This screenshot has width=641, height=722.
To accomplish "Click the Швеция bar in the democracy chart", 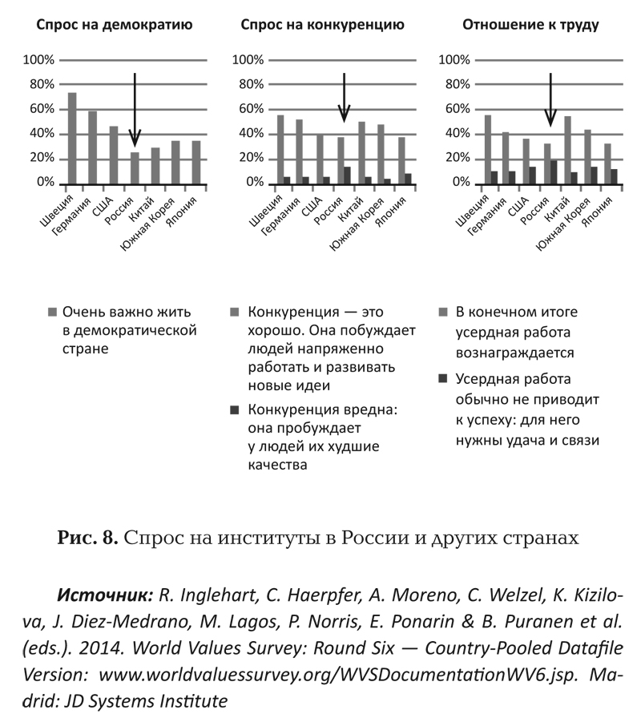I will (72, 138).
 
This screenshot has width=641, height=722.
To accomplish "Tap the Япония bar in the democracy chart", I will (196, 162).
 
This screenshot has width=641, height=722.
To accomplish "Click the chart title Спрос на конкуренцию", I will (322, 25).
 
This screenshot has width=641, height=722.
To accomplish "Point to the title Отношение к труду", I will (530, 25).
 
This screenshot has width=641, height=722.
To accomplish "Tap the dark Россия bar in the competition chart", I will (346, 175).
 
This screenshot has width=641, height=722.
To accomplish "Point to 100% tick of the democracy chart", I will (39, 60).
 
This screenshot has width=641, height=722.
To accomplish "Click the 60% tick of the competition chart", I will (248, 109).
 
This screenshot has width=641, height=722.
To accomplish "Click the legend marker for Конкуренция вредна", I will (234, 409).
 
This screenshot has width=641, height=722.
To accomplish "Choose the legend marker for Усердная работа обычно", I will (443, 378).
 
